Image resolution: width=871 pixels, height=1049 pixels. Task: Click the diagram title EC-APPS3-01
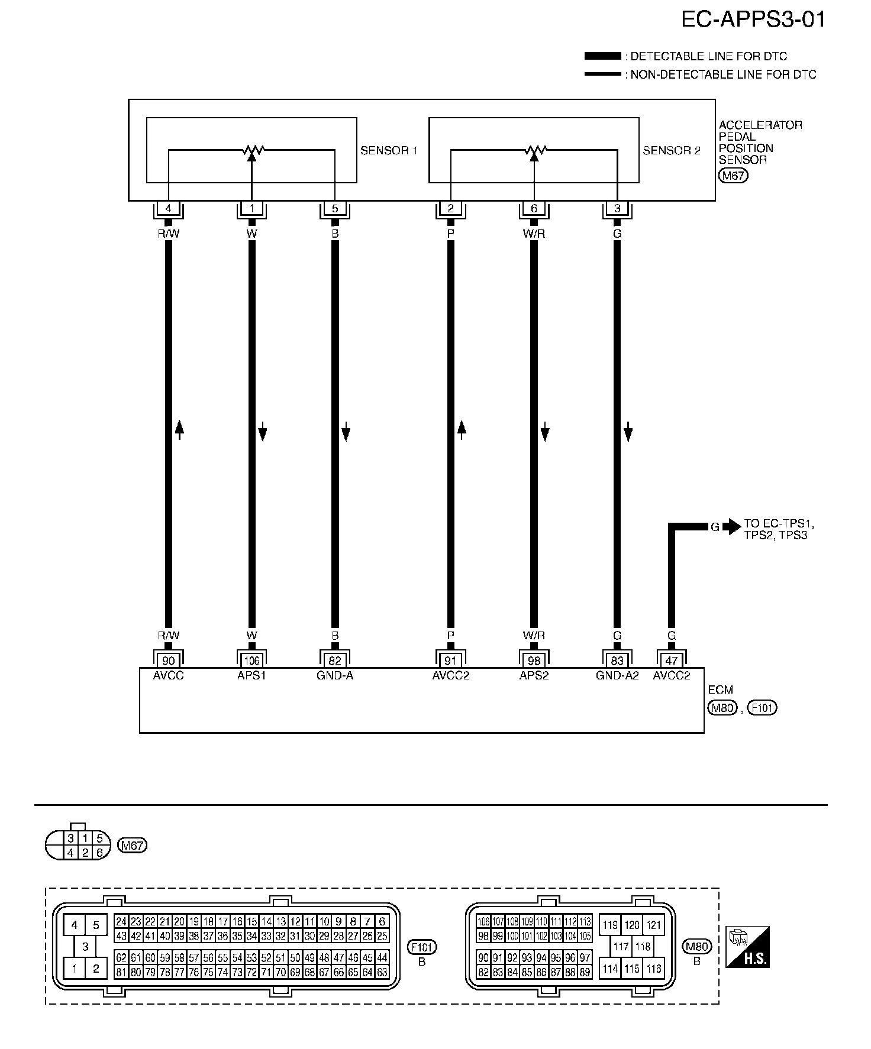coord(753,20)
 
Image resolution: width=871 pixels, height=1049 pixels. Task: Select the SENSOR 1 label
coord(389,151)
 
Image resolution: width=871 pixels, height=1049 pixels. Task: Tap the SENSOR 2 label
coord(671,151)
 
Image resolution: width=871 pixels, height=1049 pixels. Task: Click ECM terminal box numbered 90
coord(169,661)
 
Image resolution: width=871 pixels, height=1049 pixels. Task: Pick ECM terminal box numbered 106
coord(251,661)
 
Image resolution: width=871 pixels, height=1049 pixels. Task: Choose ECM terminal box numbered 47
coord(672,661)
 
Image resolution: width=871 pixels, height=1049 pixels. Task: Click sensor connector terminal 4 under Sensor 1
coord(169,209)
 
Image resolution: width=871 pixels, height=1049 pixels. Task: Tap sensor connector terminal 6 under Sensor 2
coord(534,209)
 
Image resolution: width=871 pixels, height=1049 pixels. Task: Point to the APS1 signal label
coord(251,675)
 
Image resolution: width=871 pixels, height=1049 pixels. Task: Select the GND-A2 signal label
coord(617,675)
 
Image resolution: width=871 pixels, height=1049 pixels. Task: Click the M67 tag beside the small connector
coord(132,846)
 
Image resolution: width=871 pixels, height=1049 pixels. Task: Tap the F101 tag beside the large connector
coord(422,947)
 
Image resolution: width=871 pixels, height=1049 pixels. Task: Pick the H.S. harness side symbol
coord(748,947)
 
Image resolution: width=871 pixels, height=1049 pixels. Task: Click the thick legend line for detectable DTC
coord(602,56)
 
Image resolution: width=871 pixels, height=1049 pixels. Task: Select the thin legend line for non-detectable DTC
coord(602,75)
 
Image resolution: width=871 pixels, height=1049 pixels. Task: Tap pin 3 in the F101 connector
coord(85,947)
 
